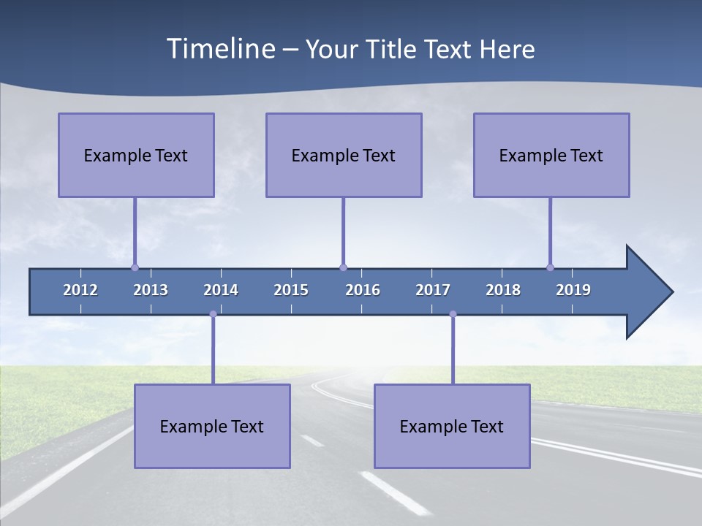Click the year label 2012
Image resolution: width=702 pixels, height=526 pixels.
(80, 290)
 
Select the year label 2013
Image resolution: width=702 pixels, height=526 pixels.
(151, 290)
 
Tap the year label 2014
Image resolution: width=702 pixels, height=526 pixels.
(221, 290)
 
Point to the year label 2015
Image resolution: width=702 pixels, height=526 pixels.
(291, 290)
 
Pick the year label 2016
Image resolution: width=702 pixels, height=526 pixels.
(363, 290)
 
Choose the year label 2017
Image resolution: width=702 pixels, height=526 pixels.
(433, 290)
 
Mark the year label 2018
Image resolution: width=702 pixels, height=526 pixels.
(503, 290)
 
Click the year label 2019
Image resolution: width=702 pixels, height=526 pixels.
(573, 290)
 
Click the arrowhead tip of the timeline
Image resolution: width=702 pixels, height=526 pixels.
(671, 292)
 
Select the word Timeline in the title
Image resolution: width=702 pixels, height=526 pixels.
(219, 48)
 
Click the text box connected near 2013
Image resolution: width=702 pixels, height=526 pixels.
(136, 155)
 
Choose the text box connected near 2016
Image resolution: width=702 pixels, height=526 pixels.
(344, 155)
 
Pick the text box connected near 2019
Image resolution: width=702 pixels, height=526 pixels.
(551, 155)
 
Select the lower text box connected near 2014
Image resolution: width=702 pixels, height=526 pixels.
(212, 426)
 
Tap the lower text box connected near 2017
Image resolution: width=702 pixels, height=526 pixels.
(452, 426)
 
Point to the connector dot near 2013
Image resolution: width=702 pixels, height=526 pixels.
(135, 268)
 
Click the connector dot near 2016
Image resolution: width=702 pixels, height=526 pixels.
(343, 268)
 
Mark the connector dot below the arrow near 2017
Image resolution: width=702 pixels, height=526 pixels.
(453, 314)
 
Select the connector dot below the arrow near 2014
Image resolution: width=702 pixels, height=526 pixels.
(213, 314)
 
